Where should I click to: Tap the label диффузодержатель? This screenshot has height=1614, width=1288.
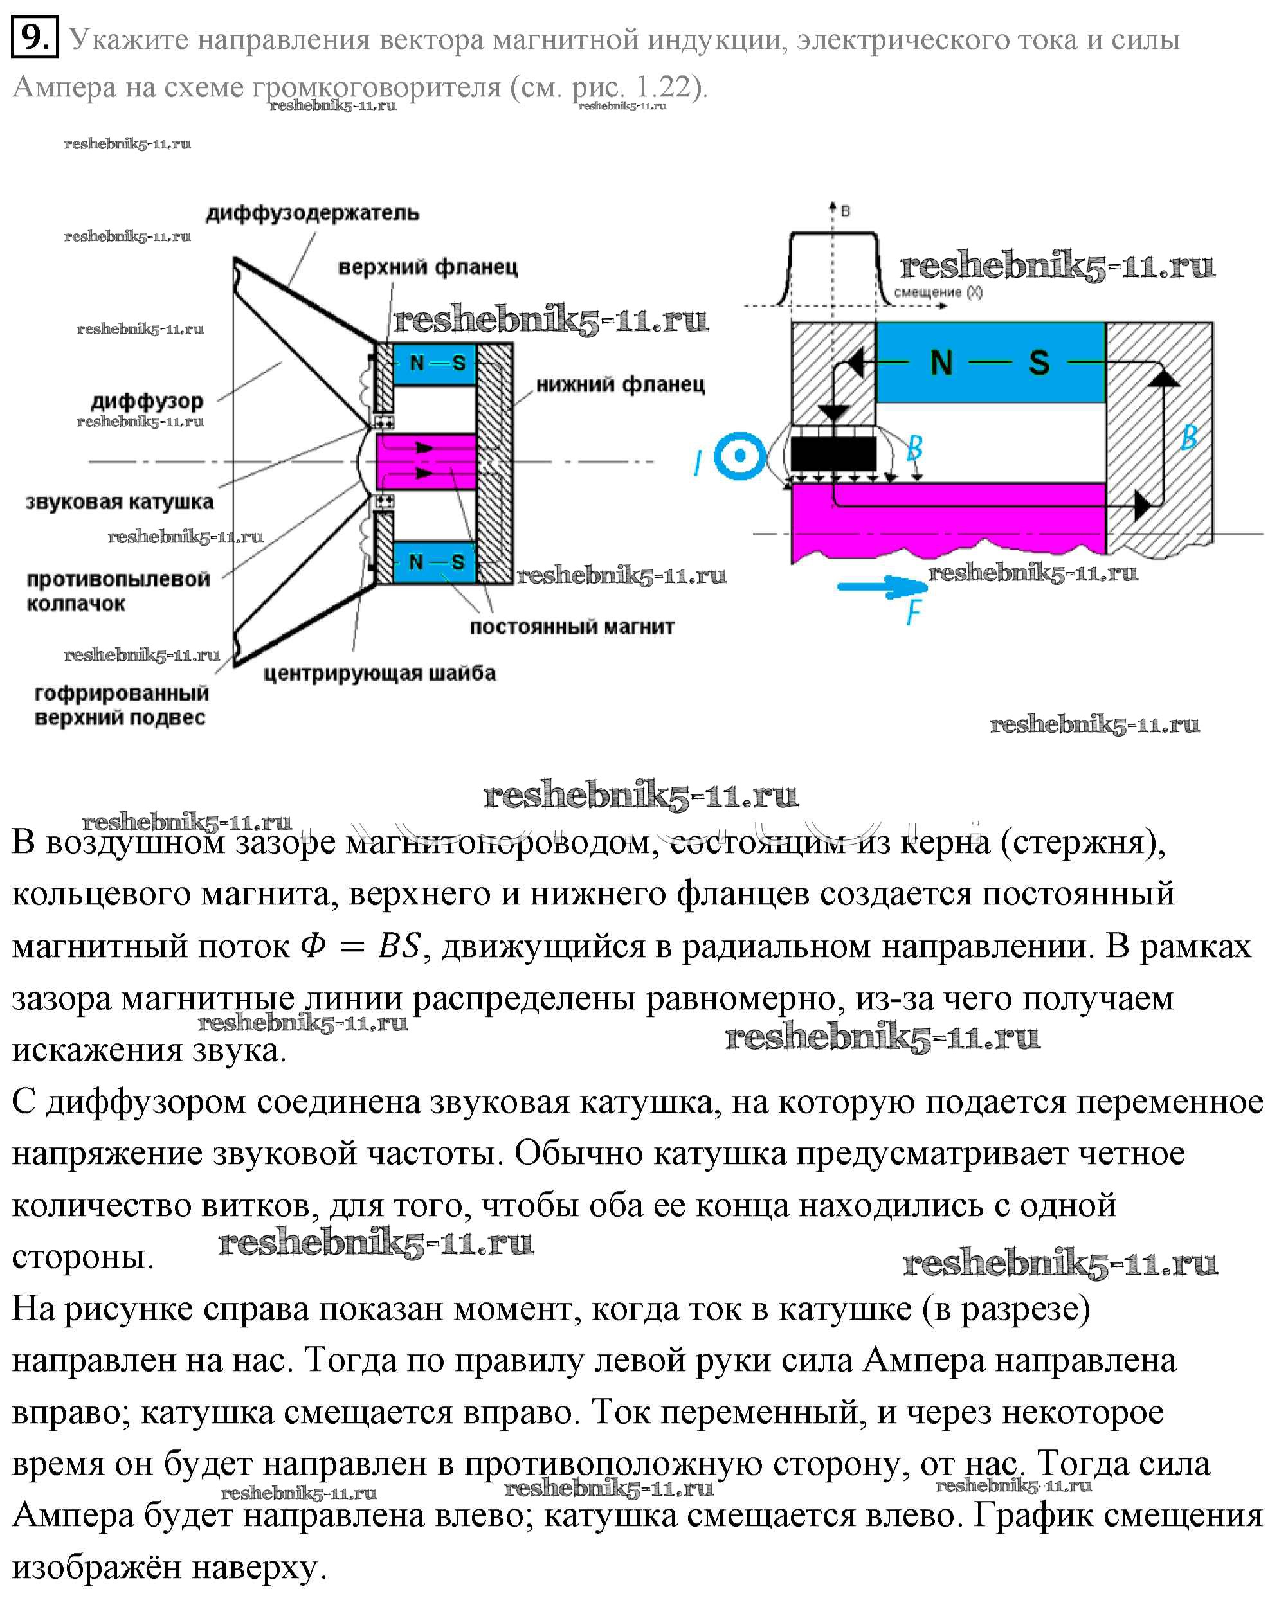[x=313, y=213]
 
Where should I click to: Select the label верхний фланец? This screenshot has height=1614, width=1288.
[x=428, y=267]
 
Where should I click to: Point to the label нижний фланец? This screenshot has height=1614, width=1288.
[x=620, y=385]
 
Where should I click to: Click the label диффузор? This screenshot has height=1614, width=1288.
[x=147, y=401]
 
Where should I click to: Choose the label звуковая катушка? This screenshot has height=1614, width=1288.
[x=119, y=501]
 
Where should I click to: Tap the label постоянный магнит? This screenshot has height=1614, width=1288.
[x=572, y=627]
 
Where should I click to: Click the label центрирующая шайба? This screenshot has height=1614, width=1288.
[x=379, y=673]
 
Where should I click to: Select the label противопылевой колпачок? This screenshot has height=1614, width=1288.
[x=118, y=591]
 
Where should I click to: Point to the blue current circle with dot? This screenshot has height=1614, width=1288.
[x=740, y=455]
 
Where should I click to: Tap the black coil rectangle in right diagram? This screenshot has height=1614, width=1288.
[x=833, y=454]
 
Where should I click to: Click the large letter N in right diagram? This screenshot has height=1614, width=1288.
[x=941, y=363]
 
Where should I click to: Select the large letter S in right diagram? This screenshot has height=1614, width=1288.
[x=1039, y=363]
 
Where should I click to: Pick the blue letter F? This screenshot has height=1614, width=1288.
[x=913, y=613]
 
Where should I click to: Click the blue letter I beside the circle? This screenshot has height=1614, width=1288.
[x=697, y=463]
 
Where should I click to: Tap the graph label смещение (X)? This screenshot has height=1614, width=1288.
[x=938, y=292]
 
